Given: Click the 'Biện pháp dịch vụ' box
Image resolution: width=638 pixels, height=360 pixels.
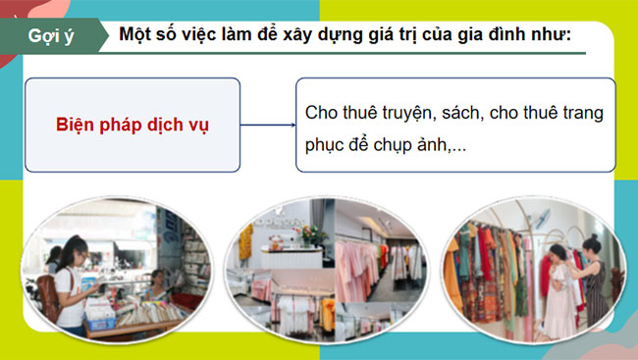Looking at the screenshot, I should point(133,126).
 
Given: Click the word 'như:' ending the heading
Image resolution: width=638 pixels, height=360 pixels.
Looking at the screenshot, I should point(550,35).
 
